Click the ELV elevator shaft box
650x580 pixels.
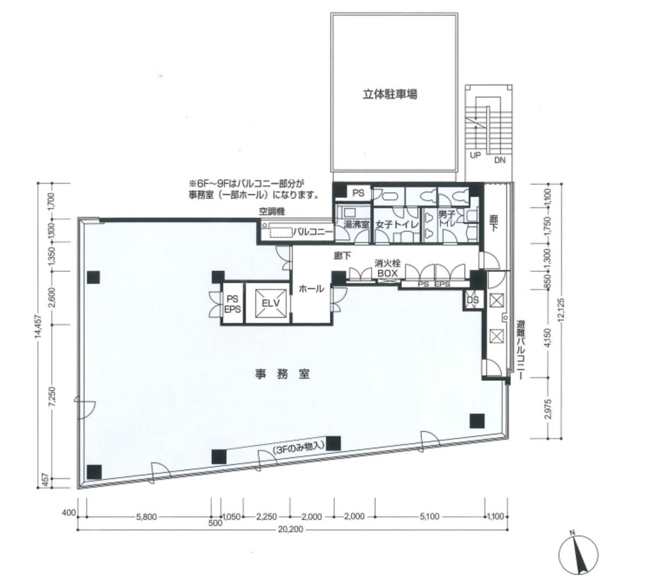point(271,303)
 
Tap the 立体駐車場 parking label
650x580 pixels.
point(390,95)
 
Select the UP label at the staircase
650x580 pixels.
point(475,155)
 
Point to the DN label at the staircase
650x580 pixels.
point(499,160)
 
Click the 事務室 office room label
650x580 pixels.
point(282,374)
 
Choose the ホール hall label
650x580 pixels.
point(311,289)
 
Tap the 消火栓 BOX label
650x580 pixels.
point(387,269)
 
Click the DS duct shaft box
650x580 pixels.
point(473,300)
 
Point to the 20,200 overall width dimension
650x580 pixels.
point(290,529)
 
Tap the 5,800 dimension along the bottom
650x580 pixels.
point(147,517)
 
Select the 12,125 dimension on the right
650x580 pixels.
point(561,310)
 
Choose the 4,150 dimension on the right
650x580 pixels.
point(548,338)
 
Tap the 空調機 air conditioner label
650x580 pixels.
point(272,212)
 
